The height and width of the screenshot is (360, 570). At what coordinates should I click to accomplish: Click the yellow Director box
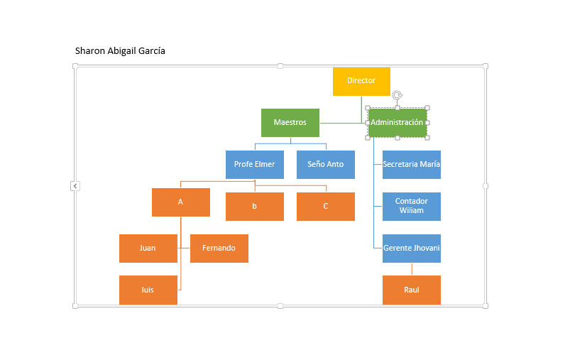tap(361, 82)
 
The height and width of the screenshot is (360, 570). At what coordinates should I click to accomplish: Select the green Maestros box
tap(290, 123)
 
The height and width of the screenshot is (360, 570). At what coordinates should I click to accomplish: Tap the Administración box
tap(398, 123)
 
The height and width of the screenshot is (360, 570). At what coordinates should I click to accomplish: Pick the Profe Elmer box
tap(254, 165)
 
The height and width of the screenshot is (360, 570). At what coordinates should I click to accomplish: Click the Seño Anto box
tap(326, 165)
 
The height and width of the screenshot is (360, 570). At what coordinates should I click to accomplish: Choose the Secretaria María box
tap(412, 165)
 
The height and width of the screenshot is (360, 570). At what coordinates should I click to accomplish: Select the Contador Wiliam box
tap(412, 207)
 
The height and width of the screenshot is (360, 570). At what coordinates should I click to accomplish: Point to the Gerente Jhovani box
tap(412, 249)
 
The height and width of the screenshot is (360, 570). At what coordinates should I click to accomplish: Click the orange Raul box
tap(412, 290)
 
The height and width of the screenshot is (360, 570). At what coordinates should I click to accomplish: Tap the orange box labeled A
tap(181, 202)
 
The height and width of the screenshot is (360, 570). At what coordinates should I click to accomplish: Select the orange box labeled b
tap(254, 207)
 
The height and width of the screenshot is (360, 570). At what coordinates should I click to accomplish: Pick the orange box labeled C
tap(326, 207)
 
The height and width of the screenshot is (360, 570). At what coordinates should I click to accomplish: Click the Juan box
tap(148, 249)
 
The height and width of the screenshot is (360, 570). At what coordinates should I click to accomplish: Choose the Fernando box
tap(219, 249)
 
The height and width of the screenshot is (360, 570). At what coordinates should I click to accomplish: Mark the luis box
tap(148, 290)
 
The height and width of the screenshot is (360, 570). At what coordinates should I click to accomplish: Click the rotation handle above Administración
tap(398, 95)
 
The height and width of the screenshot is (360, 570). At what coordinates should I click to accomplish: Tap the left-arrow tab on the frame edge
tap(75, 186)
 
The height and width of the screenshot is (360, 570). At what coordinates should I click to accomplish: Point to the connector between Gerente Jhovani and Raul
tap(412, 269)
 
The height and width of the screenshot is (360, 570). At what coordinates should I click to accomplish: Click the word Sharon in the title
tap(89, 51)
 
